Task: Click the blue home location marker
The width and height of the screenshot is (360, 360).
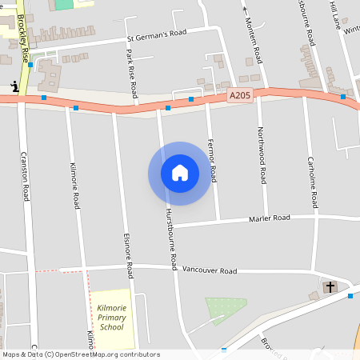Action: tap(180, 173)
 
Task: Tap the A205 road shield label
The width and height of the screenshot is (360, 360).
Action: tap(238, 95)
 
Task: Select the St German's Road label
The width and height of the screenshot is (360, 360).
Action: tap(156, 34)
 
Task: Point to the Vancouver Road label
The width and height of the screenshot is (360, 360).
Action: tap(207, 271)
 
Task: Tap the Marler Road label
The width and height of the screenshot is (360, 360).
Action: tap(269, 218)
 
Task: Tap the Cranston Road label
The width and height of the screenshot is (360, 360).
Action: tap(25, 175)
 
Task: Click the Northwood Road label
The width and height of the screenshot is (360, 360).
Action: tap(262, 148)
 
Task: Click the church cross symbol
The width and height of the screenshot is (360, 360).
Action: tap(330, 286)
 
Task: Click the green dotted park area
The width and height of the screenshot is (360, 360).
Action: tap(221, 310)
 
